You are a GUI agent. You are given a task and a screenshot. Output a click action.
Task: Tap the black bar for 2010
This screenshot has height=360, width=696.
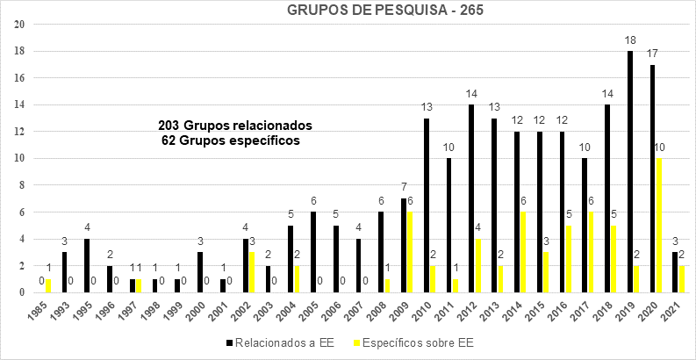(427, 205)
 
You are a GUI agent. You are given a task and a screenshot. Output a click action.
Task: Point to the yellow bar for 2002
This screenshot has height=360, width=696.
(252, 271)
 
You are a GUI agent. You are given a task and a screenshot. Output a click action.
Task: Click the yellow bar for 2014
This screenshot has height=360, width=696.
(524, 252)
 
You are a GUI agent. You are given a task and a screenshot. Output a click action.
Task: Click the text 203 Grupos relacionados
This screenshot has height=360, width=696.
(234, 125)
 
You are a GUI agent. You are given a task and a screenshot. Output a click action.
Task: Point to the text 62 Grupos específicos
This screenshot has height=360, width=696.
(230, 140)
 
